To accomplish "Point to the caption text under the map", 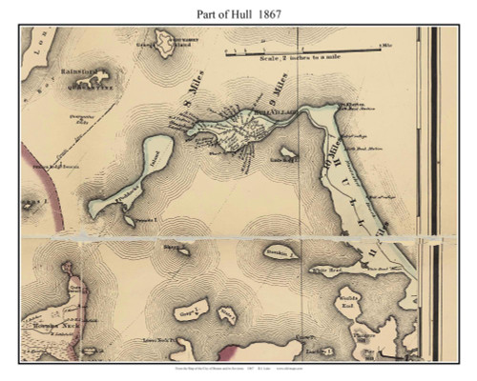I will tap(238, 368).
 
